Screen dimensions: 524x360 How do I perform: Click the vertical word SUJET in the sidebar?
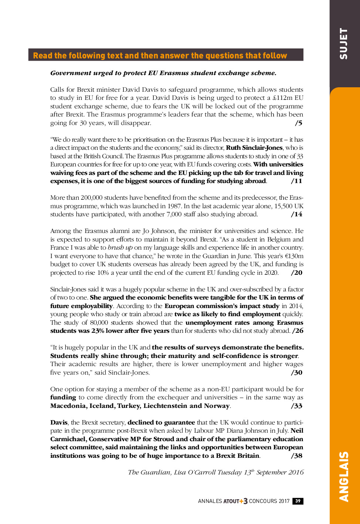(x=344, y=44)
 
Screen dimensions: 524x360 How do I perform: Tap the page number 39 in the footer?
(x=298, y=501)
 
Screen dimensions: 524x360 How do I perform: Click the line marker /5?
(x=299, y=123)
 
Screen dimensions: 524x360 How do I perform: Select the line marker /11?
(x=297, y=181)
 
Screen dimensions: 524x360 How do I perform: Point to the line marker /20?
(x=297, y=273)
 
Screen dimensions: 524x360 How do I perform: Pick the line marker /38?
(x=297, y=456)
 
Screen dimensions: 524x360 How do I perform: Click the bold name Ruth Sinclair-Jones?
(x=254, y=148)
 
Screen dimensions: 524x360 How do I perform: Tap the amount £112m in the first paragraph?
(x=283, y=98)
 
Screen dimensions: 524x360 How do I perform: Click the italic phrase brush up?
(x=120, y=247)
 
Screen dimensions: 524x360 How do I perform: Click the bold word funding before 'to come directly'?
(x=63, y=397)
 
